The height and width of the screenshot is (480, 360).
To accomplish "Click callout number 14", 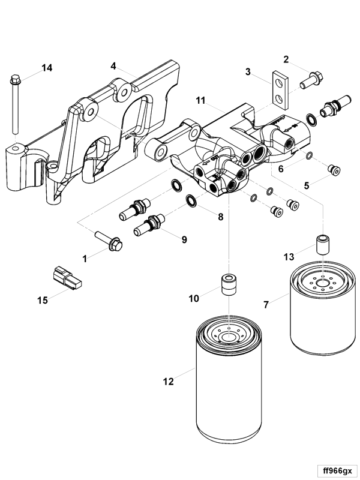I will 47,68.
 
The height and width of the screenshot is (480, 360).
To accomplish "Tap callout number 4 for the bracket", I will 113,66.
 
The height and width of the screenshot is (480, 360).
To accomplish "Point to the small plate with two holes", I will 278,88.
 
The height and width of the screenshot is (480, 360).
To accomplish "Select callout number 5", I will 307,185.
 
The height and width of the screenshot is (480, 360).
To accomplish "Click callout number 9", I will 184,239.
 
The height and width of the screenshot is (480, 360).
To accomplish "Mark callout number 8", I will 220,216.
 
